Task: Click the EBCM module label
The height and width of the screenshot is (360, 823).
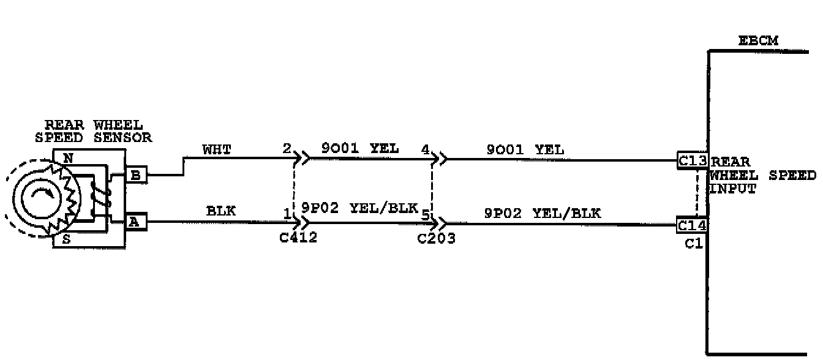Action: [x=758, y=41]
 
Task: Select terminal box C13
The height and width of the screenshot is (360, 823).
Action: [x=693, y=160]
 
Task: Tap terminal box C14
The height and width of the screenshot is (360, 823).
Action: [x=693, y=225]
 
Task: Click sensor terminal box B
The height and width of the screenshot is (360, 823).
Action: [x=136, y=175]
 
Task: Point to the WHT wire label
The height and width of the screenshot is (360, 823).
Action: [x=217, y=149]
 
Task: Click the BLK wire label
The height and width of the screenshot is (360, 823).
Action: [x=220, y=211]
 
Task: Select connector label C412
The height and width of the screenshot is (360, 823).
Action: [x=298, y=238]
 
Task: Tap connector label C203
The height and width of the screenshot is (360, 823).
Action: [x=436, y=238]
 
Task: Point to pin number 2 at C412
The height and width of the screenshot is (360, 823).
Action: [x=287, y=149]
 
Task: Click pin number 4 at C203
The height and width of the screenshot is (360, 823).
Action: [x=425, y=149]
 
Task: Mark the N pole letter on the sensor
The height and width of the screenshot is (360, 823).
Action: [x=68, y=158]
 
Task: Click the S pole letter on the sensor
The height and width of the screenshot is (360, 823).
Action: [x=66, y=239]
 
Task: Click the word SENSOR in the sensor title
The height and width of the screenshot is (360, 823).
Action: [x=122, y=137]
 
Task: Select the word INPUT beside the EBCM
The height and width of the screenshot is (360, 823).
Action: [x=732, y=189]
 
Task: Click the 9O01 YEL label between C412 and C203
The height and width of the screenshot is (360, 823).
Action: [x=359, y=148]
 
